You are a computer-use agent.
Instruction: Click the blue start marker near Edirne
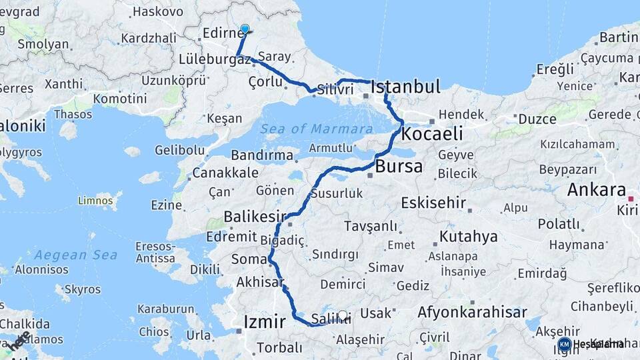coord(245,29)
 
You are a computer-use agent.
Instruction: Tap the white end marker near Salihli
coord(343,315)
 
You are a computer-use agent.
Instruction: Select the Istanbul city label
coord(405,87)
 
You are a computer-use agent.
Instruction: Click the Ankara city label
coord(597,190)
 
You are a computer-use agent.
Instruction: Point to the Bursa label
coord(399,166)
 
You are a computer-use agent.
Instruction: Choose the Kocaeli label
coord(432,133)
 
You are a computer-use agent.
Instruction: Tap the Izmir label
coord(265,322)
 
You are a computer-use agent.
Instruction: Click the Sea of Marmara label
coord(316,129)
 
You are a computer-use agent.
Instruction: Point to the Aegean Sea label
coord(75,255)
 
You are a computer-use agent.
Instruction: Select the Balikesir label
coord(255,217)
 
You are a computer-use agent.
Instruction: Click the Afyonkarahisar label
coord(472,312)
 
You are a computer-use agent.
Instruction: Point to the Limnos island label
coord(95,200)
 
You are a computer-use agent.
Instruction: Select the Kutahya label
coord(468,237)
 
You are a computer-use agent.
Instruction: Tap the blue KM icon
coord(564,344)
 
